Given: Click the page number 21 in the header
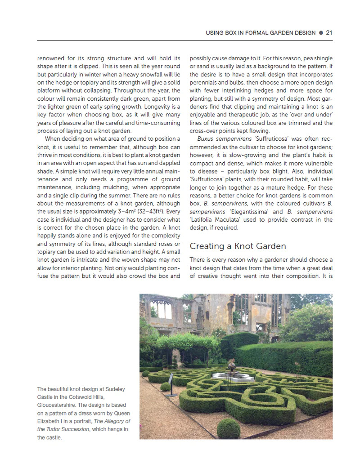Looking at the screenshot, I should (x=329, y=33).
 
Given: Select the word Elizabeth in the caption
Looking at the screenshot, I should (x=51, y=421).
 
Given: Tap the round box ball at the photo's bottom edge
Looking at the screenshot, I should (x=229, y=428).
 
